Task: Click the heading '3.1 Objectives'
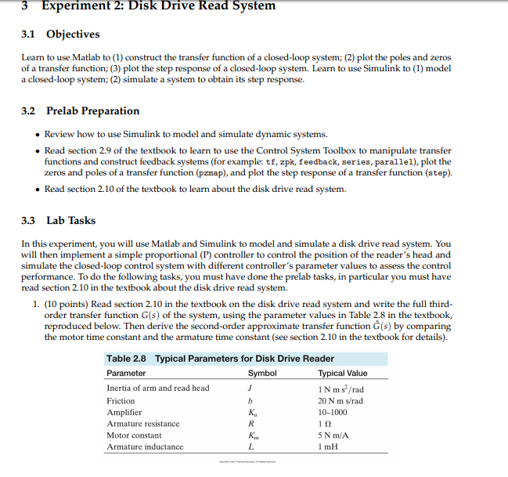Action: pyautogui.click(x=60, y=34)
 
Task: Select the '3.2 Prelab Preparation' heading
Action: pyautogui.click(x=81, y=110)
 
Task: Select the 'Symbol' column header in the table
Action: pyautogui.click(x=261, y=373)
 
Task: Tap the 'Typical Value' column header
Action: pyautogui.click(x=343, y=373)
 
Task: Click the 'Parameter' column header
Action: pyautogui.click(x=126, y=373)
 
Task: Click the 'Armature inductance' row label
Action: pyautogui.click(x=145, y=446)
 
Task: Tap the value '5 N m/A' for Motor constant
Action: pyautogui.click(x=336, y=435)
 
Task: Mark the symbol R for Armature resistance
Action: pyautogui.click(x=250, y=424)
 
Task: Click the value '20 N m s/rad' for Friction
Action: pyautogui.click(x=340, y=400)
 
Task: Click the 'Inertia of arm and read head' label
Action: pyautogui.click(x=157, y=388)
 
